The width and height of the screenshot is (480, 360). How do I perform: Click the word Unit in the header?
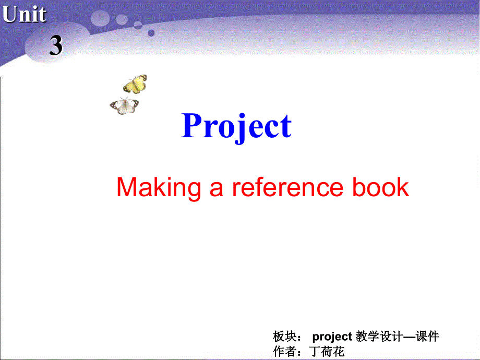click(x=24, y=15)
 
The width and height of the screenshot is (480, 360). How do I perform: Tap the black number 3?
click(x=56, y=46)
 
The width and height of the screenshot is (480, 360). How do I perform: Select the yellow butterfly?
click(x=135, y=83)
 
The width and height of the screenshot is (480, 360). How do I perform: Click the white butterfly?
click(x=125, y=106)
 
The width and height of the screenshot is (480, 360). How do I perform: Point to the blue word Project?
click(x=236, y=127)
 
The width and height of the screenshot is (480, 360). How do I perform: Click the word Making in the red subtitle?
click(x=159, y=187)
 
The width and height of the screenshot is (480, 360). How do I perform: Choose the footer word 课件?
click(x=427, y=337)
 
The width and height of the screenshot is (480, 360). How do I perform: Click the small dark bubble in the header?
click(x=151, y=32)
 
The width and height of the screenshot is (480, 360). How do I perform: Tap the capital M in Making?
click(x=126, y=187)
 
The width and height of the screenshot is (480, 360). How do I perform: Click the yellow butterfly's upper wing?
click(x=139, y=79)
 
